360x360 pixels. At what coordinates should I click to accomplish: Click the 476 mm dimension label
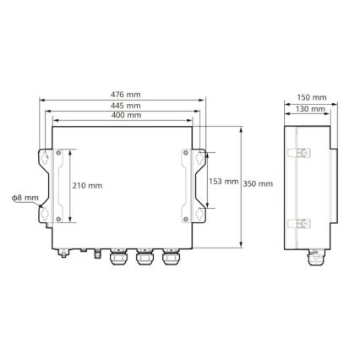[x=126, y=94]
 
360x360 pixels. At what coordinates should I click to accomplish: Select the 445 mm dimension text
[x=126, y=105]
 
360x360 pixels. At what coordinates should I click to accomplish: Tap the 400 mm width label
[x=126, y=115]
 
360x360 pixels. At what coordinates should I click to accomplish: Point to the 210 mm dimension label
[x=87, y=185]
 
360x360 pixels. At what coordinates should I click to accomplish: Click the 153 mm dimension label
[x=223, y=182]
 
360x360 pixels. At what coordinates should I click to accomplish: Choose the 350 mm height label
[x=259, y=184]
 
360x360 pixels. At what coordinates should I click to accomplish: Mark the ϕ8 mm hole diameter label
[x=25, y=197]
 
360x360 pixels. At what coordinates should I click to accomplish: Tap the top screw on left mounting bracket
[x=58, y=153]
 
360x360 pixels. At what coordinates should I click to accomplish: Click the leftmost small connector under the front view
[x=63, y=252]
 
